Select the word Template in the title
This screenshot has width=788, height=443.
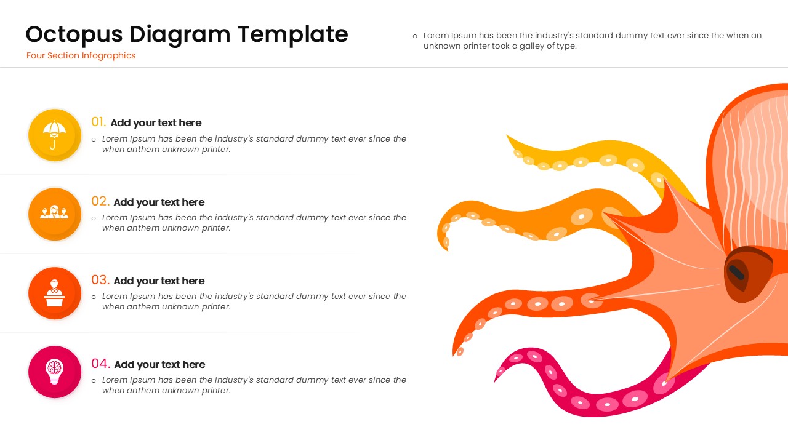tap(293, 34)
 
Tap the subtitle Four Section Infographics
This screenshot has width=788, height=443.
tap(81, 55)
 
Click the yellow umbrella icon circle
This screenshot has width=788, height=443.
tap(55, 135)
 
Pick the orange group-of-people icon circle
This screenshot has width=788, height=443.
tap(55, 214)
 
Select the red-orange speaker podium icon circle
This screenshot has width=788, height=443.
tap(55, 293)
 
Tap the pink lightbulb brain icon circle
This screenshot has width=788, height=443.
tap(55, 372)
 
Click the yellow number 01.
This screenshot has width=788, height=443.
tap(98, 122)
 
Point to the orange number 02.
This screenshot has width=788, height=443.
tap(100, 201)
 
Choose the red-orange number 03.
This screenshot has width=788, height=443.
tap(100, 280)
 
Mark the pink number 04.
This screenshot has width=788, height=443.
tap(100, 364)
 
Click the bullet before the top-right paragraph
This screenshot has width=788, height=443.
tap(414, 36)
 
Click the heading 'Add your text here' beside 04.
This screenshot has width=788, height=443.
tap(159, 364)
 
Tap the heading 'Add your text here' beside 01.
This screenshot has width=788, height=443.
tap(156, 122)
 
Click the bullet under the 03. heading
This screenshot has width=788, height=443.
tap(94, 297)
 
